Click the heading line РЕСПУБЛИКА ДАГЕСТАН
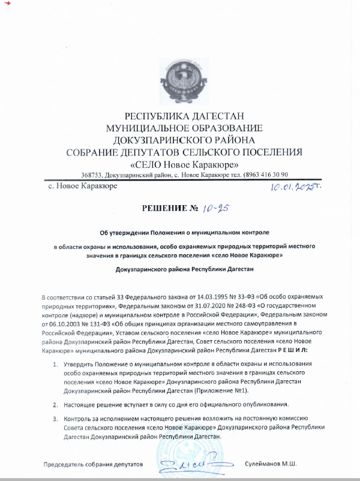click(184, 116)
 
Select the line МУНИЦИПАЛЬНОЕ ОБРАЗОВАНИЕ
click(184, 128)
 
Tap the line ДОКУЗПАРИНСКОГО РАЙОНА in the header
click(184, 139)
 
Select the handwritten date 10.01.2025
click(292, 188)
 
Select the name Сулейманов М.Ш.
click(271, 464)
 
